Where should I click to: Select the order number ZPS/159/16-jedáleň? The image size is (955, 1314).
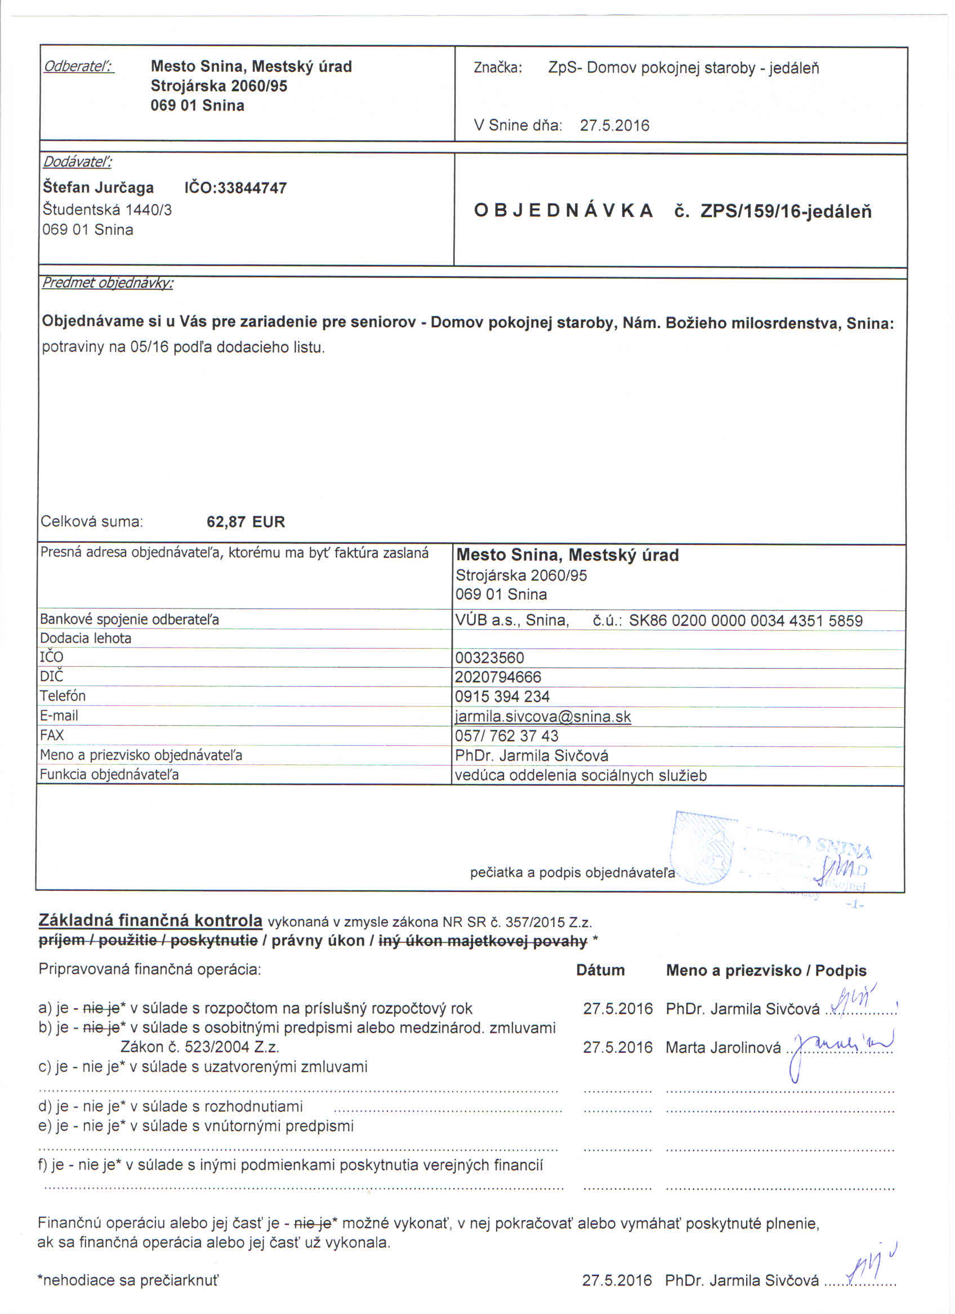point(786,211)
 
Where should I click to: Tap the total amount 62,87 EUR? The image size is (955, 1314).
point(246,521)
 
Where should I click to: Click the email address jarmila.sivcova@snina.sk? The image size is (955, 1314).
point(543,717)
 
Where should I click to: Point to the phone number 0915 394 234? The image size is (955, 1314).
point(502,696)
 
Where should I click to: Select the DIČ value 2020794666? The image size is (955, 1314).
point(498,677)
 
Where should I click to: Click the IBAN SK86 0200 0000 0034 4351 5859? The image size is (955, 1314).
point(746,620)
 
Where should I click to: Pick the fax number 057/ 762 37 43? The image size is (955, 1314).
point(507,736)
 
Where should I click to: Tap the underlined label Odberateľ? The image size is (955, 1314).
point(79,66)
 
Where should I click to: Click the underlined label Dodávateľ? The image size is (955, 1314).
point(77,161)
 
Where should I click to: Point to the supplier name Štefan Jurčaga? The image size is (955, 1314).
point(99,188)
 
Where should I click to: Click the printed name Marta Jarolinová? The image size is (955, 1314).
point(723,1047)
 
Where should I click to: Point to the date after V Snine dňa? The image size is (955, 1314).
point(615,126)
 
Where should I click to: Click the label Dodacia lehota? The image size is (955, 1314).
point(86,638)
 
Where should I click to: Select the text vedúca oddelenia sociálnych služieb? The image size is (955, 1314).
point(581,775)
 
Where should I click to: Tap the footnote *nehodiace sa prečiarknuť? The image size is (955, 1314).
point(128,1280)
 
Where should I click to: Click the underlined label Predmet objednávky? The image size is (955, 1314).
point(108,283)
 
